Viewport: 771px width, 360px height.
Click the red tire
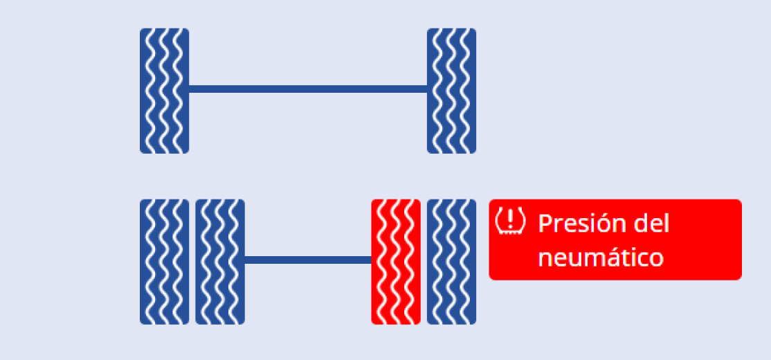(396, 262)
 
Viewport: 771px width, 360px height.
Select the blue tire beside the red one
(451, 262)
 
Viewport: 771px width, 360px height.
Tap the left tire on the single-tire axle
(164, 91)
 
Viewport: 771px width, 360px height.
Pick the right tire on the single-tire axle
(451, 91)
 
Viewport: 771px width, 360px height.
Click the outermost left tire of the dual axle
(164, 262)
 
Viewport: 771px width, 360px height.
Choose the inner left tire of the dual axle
(220, 262)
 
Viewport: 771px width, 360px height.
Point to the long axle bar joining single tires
(308, 89)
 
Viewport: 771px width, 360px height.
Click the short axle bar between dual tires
(308, 260)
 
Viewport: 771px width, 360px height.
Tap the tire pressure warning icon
(510, 222)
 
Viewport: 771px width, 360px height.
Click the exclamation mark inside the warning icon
(510, 219)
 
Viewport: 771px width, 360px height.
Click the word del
(651, 223)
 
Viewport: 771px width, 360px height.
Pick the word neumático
(600, 258)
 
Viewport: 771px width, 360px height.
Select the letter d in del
(641, 223)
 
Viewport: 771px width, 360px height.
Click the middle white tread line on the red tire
(396, 262)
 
